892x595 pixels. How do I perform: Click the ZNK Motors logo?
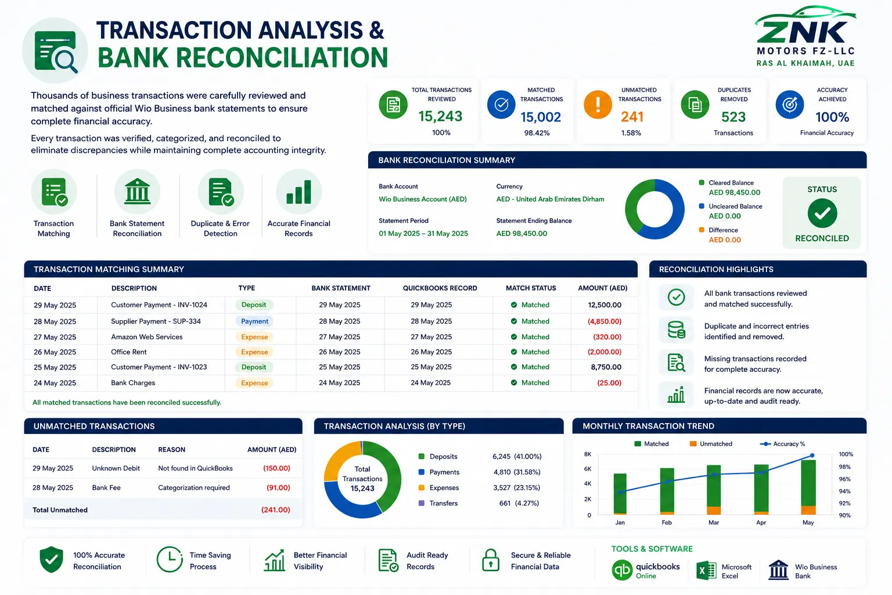pos(805,36)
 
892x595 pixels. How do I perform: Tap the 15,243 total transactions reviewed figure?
pos(440,116)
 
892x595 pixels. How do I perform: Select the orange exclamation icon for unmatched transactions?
pos(598,105)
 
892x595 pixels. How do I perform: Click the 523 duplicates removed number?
pos(733,117)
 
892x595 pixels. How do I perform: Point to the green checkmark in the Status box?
pos(822,213)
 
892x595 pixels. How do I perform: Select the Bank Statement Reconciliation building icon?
pos(137,191)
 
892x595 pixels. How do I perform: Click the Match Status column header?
pos(531,288)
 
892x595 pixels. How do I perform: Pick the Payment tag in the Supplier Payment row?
pos(254,321)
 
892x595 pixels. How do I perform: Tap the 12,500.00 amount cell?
pos(605,305)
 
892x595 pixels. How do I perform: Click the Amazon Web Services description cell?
pos(146,337)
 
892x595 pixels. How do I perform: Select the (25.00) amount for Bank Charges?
pos(609,382)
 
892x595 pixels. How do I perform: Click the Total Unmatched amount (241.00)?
pos(275,510)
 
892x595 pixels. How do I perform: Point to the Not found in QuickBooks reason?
pos(195,468)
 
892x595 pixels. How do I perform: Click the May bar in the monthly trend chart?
pos(808,487)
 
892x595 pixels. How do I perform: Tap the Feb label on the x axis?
pos(667,522)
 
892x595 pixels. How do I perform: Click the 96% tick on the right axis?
pos(844,479)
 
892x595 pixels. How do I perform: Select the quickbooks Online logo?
pos(646,570)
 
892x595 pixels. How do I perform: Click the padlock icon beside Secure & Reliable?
pos(491,560)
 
